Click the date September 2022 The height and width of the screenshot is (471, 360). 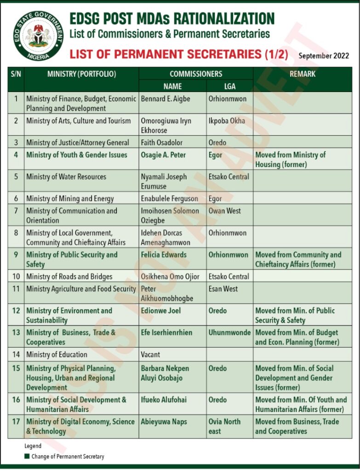click(x=324, y=56)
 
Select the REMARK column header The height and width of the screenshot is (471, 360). click(x=303, y=74)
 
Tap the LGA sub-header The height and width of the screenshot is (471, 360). click(x=229, y=86)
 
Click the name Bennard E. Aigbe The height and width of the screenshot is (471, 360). click(x=166, y=99)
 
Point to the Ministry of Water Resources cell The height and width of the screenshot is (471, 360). click(x=66, y=177)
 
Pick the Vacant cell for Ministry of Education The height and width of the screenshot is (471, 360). click(x=151, y=354)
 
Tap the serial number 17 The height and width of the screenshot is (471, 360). click(x=16, y=422)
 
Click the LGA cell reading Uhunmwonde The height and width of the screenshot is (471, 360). click(x=229, y=333)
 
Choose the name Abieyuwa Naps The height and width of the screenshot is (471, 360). click(x=164, y=422)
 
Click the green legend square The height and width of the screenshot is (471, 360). click(x=27, y=457)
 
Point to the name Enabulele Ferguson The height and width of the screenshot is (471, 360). click(x=169, y=199)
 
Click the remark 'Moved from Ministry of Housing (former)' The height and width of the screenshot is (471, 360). click(x=290, y=160)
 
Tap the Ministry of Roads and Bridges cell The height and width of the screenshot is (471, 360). click(x=69, y=276)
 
